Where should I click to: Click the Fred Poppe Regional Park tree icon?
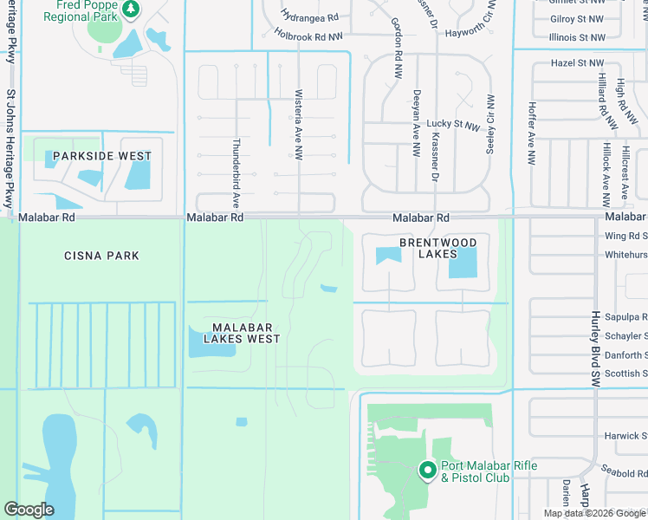131,10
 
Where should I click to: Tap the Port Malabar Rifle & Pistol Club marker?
427,471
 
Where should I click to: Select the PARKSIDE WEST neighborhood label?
102,156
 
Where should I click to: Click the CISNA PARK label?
101,256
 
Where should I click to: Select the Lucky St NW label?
454,126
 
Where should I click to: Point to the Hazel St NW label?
578,63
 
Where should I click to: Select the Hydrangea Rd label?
309,16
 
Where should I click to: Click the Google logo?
29,510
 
